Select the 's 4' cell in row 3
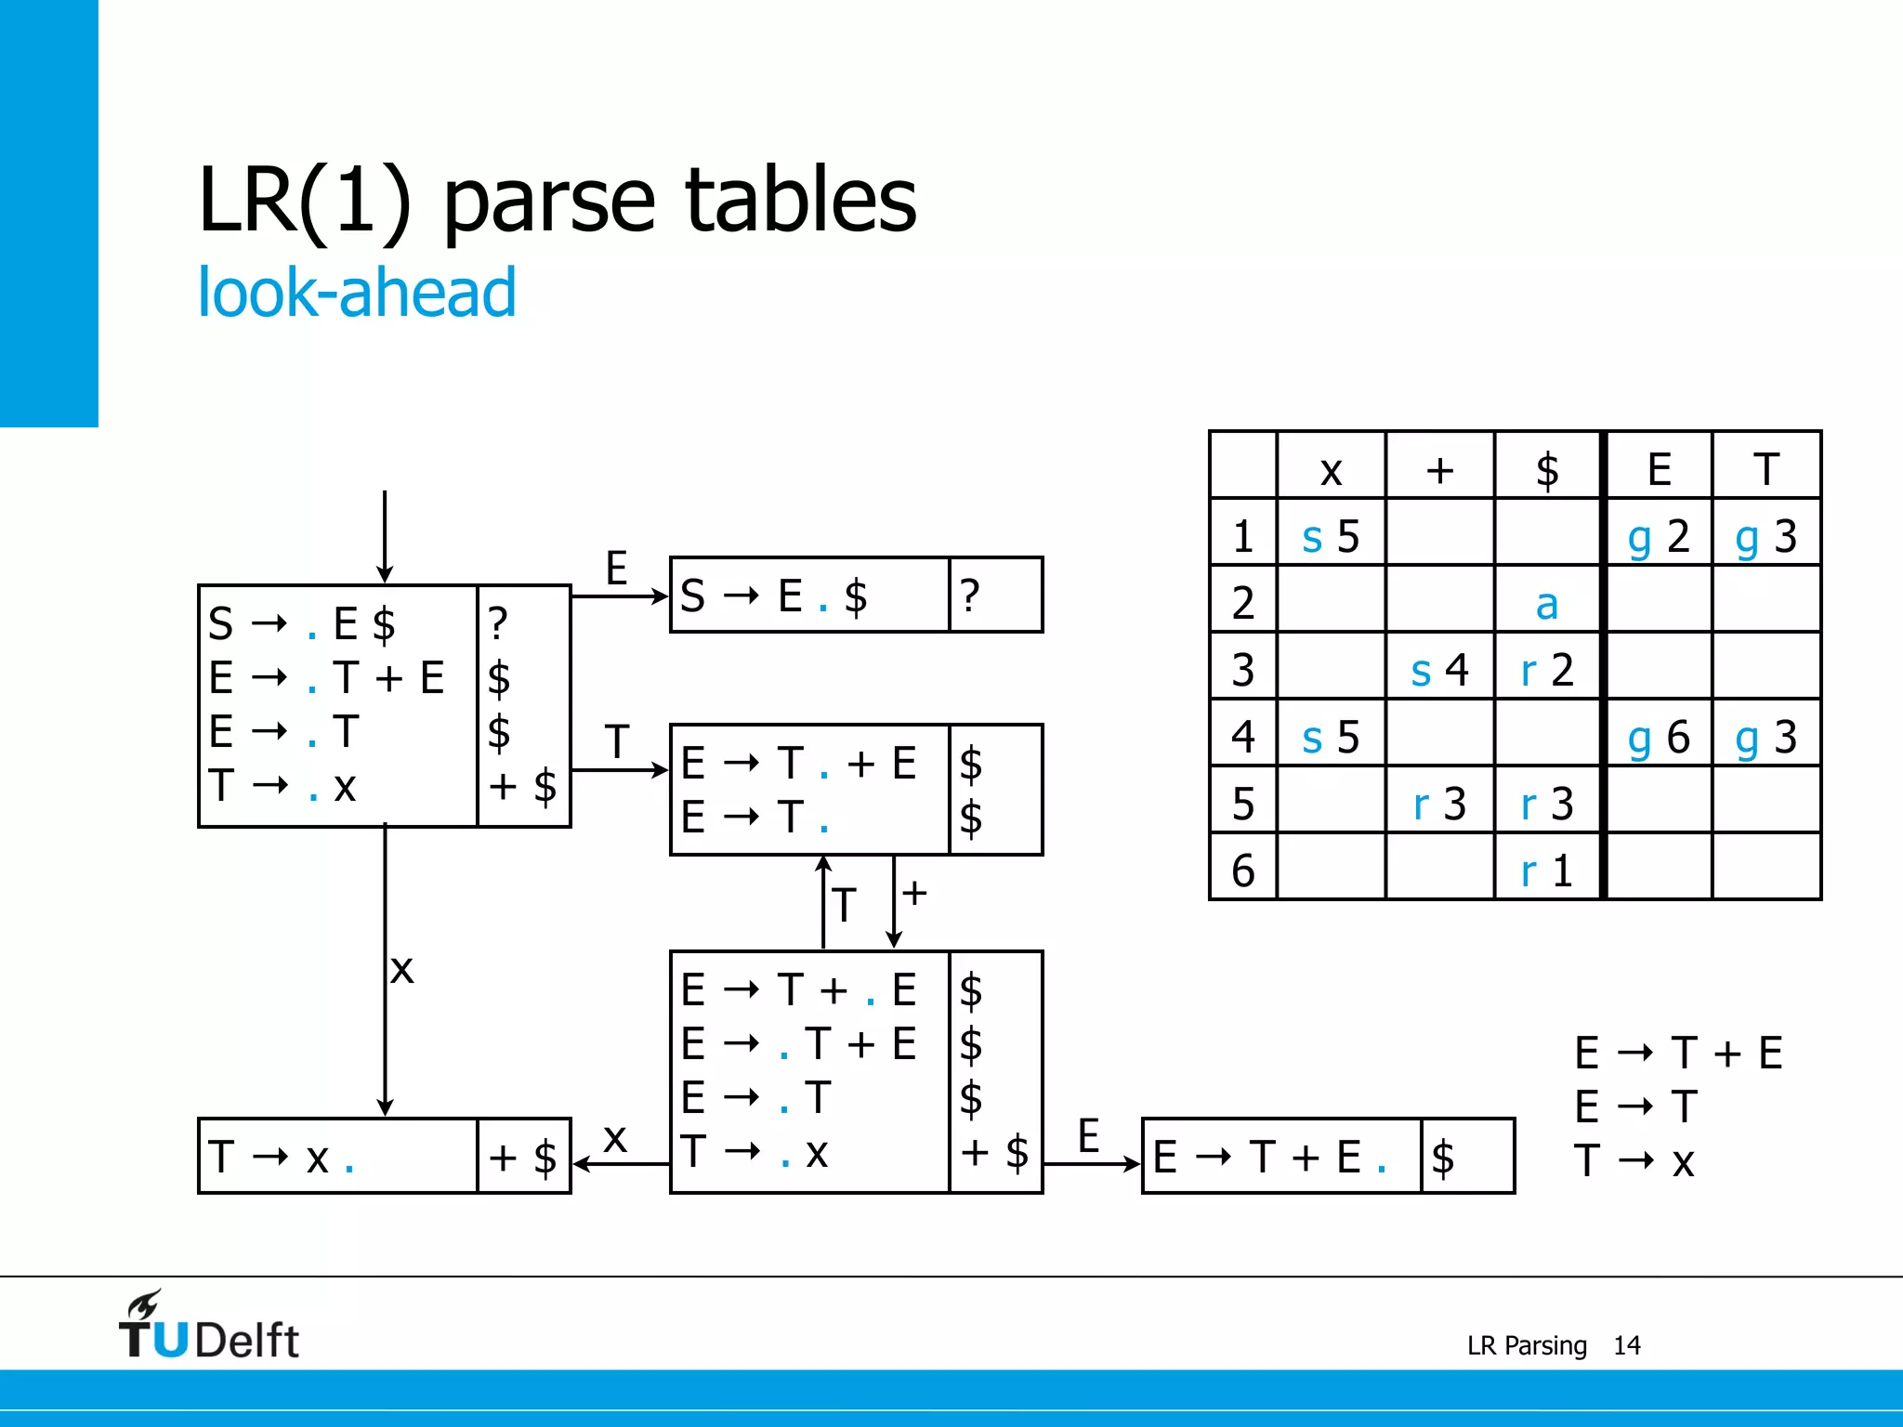coord(1438,670)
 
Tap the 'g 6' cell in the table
coord(1658,737)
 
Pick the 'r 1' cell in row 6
coord(1546,871)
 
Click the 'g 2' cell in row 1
coord(1658,536)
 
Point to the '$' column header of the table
coord(1546,469)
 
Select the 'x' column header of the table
coord(1331,469)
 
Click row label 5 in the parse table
coord(1243,804)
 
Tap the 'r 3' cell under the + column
coord(1438,804)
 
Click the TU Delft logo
coord(208,1327)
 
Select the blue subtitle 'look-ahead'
coord(357,293)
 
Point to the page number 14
coord(1626,1345)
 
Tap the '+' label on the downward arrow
coord(914,894)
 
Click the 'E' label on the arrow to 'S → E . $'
coord(616,568)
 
